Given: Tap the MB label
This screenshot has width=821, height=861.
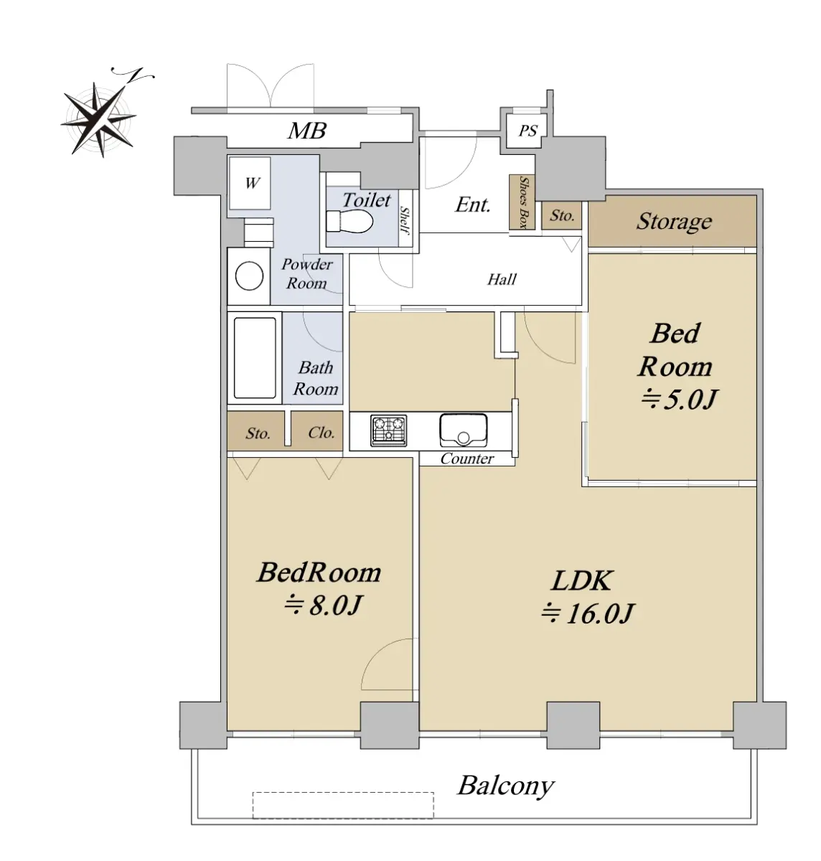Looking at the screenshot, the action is [x=307, y=131].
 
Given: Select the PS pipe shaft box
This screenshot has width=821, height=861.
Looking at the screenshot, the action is [x=527, y=131].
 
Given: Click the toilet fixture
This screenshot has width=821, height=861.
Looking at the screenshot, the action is [x=349, y=222].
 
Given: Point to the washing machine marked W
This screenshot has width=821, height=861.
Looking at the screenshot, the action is [x=250, y=183].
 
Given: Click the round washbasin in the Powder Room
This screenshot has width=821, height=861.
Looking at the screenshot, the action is [x=249, y=276].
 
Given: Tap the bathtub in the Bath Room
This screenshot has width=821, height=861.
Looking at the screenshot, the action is [x=255, y=358].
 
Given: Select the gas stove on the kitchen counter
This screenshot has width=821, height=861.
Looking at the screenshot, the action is [x=388, y=430].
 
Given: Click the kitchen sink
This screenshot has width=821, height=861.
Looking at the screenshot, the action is [x=463, y=430].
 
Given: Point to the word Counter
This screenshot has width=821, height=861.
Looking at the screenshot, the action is [x=467, y=458].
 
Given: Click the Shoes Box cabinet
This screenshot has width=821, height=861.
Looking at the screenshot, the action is [x=522, y=202].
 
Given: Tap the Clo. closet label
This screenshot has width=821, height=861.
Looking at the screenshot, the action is [x=321, y=433].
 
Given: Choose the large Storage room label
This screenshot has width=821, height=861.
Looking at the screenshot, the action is [x=674, y=222].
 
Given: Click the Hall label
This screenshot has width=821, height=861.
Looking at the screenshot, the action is [x=502, y=279].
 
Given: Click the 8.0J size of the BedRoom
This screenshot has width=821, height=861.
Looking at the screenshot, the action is [x=323, y=606].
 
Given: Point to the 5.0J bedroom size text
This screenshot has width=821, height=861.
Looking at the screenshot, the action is [x=679, y=399].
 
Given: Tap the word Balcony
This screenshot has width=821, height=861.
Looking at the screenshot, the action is [x=506, y=786].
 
